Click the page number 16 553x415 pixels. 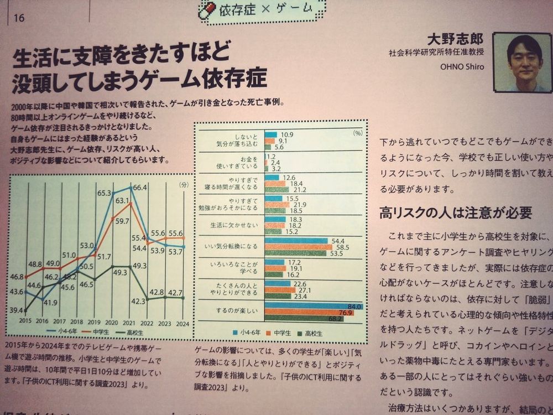19,18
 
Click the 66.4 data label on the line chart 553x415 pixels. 140,188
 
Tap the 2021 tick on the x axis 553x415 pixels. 129,321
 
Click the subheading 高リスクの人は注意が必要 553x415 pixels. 456,212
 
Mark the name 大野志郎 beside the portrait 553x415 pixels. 455,39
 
